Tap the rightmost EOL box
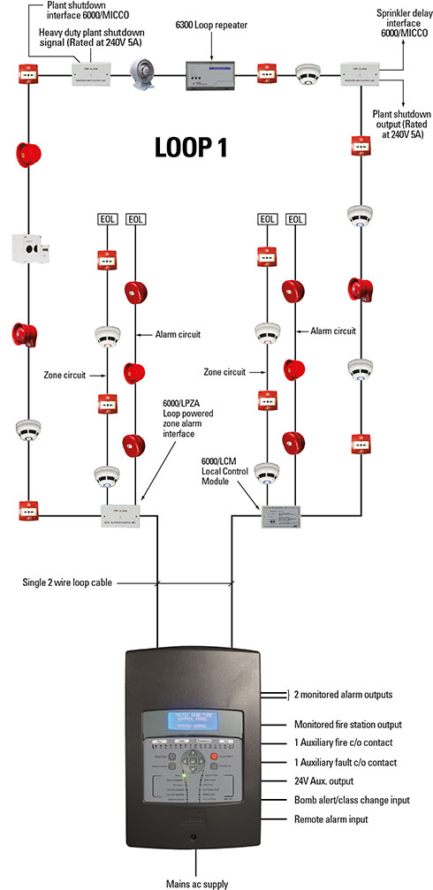[x=295, y=218]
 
